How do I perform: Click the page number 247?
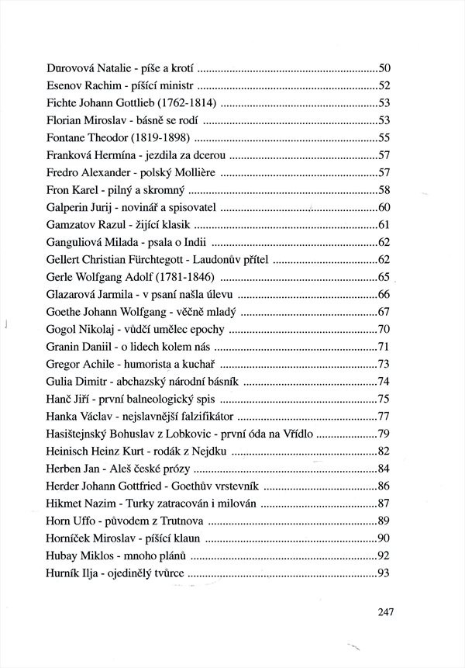click(x=387, y=611)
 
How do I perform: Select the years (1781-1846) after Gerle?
click(x=186, y=278)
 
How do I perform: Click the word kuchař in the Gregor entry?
click(x=200, y=365)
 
